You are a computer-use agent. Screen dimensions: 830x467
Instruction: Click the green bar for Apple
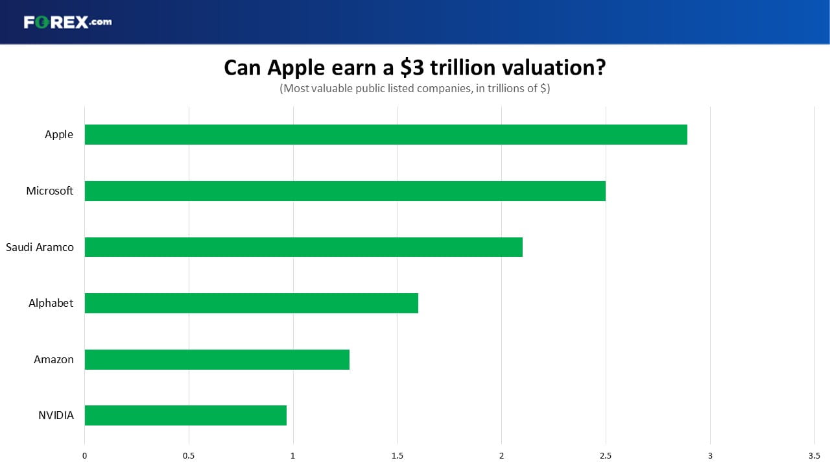(x=386, y=134)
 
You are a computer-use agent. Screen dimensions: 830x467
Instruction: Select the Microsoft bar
(x=345, y=191)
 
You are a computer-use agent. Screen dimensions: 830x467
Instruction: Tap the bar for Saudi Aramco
(x=303, y=247)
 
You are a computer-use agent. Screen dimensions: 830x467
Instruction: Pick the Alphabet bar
(x=251, y=303)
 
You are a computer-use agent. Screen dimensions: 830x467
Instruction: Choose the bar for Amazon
(x=217, y=359)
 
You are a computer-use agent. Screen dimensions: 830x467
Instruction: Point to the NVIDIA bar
(x=185, y=416)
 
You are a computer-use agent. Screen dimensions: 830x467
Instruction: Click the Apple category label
(x=58, y=134)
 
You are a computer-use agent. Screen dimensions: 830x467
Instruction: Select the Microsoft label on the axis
(x=50, y=191)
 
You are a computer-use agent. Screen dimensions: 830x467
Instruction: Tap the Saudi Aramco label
(x=40, y=247)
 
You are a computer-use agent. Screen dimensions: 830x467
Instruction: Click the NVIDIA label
(x=56, y=416)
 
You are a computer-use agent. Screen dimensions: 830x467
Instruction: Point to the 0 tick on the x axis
(x=84, y=456)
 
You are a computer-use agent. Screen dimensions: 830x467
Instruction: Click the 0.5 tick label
(x=189, y=456)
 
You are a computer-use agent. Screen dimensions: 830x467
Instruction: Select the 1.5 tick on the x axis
(x=397, y=456)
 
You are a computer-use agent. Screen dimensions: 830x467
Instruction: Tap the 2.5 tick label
(x=606, y=456)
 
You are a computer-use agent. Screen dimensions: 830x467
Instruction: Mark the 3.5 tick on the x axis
(x=814, y=456)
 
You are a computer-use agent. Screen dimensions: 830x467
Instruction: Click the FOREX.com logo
(x=68, y=22)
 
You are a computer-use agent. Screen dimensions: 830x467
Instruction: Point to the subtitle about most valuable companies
(x=414, y=89)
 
